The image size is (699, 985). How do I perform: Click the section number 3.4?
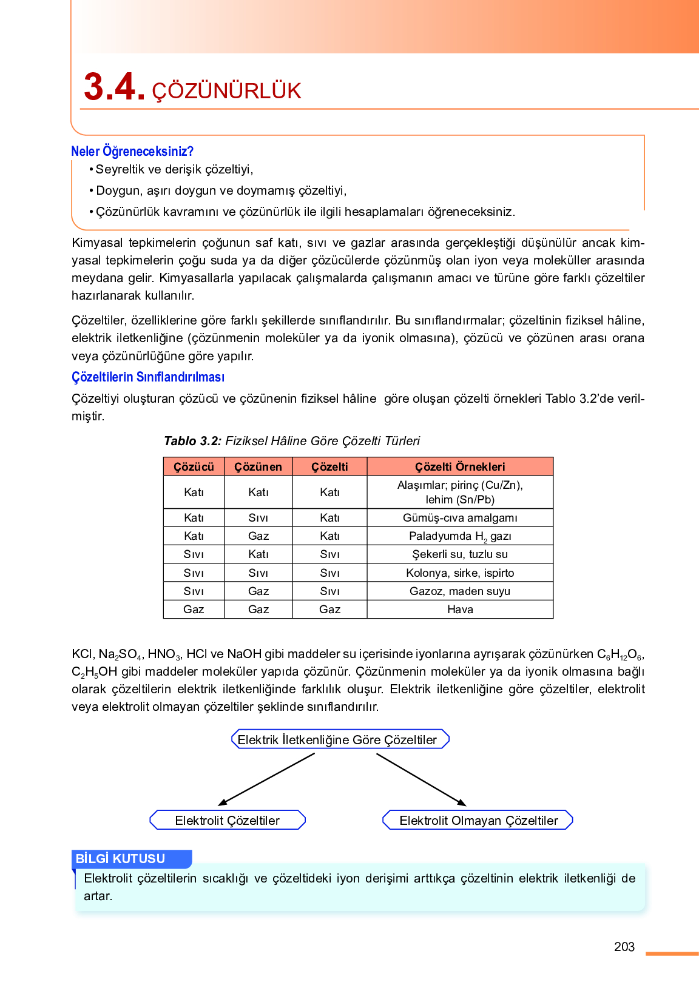point(114,87)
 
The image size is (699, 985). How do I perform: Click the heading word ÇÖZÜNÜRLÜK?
point(226,91)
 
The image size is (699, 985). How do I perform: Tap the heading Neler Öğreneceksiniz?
point(132,151)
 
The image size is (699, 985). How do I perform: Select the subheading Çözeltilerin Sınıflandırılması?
point(148,377)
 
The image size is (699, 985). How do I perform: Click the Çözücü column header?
point(194,466)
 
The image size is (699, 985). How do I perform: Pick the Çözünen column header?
point(258,466)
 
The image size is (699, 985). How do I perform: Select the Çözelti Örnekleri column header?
point(460,466)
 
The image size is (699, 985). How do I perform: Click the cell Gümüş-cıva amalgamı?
point(460,517)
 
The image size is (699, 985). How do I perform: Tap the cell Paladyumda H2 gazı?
point(460,536)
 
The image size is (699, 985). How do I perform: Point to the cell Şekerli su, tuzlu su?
point(460,554)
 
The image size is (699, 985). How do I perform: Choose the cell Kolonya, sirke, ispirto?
point(460,573)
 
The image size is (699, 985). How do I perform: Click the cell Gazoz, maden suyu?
point(460,591)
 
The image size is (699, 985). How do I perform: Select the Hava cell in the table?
point(460,610)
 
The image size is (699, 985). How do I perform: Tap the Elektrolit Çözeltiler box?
point(228,820)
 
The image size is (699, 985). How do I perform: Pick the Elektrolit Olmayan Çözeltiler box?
point(478,820)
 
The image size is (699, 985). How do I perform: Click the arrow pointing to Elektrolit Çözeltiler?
point(267,779)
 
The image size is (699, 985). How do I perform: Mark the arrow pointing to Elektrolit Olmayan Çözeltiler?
point(421,779)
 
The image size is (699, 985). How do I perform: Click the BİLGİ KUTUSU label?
point(121,858)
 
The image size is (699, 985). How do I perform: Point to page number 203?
point(624,947)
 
